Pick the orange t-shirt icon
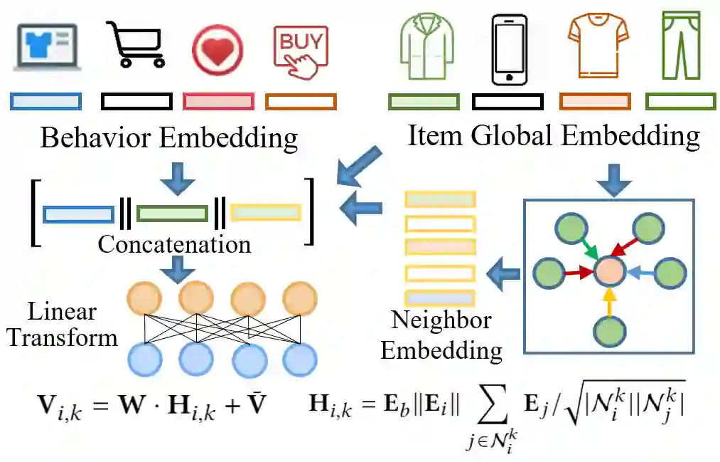(598, 46)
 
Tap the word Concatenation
(174, 244)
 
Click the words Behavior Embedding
(169, 137)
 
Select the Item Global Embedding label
(554, 135)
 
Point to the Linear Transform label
(62, 324)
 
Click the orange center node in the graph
(609, 271)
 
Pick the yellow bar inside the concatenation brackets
(266, 213)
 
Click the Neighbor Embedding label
(441, 335)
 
